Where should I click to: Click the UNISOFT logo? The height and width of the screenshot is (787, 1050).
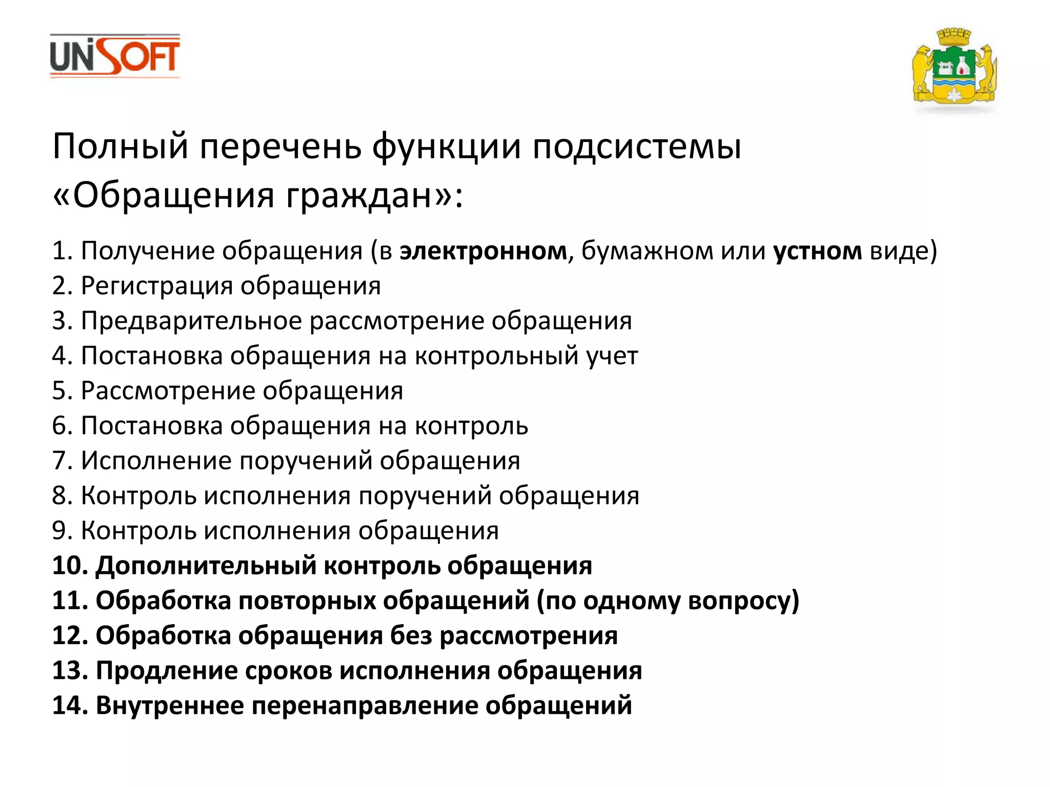[x=115, y=56]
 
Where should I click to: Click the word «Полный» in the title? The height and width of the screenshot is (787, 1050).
[x=120, y=147]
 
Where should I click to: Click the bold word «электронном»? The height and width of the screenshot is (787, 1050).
[x=483, y=251]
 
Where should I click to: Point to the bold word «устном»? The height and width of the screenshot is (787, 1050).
[x=817, y=251]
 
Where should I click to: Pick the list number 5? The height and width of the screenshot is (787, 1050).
[x=61, y=391]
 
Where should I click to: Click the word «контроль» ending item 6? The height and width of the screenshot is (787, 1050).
[x=471, y=426]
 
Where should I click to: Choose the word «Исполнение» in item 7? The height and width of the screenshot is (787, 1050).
[x=156, y=461]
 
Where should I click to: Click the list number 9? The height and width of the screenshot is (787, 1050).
[x=61, y=531]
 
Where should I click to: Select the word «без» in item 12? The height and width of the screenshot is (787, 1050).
[x=411, y=636]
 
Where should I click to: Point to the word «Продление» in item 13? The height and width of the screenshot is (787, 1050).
[x=166, y=671]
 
